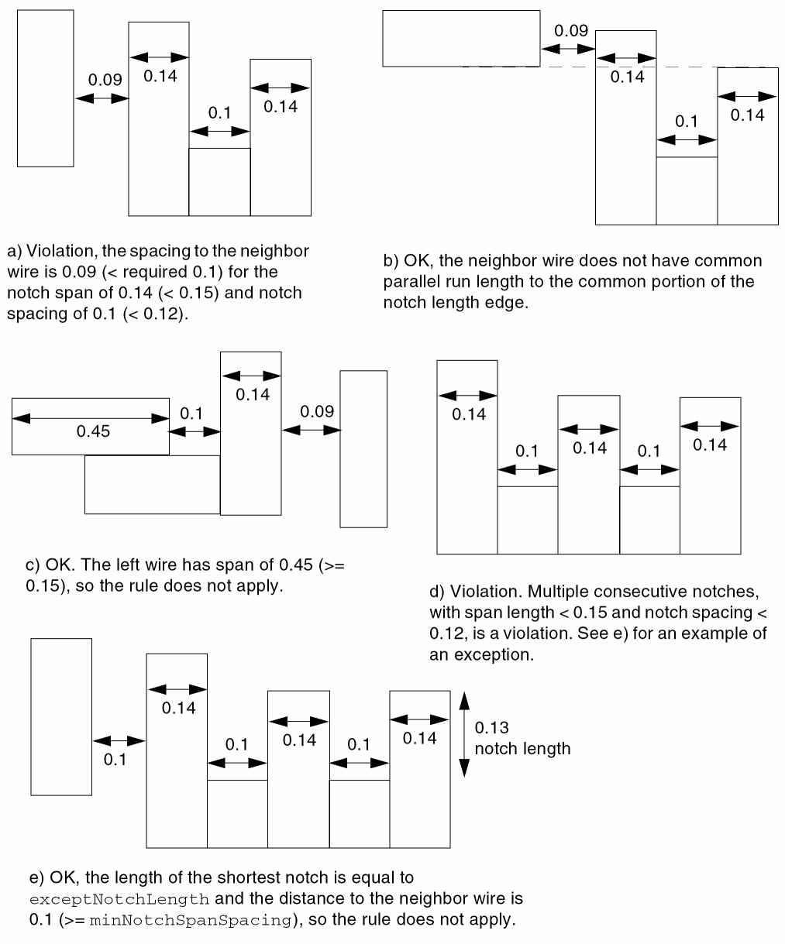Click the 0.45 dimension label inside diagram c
(x=93, y=431)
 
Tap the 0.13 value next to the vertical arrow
(x=491, y=728)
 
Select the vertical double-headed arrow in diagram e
(x=464, y=733)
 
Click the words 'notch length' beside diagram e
(x=522, y=749)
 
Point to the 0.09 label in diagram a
(x=105, y=79)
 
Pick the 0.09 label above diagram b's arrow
(x=571, y=32)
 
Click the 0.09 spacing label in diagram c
(x=317, y=411)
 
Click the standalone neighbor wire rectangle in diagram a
(x=45, y=88)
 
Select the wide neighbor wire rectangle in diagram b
(x=461, y=38)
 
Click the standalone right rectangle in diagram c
(x=363, y=448)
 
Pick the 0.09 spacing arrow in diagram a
(x=102, y=98)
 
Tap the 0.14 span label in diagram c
(x=253, y=394)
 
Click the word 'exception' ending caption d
(x=497, y=654)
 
